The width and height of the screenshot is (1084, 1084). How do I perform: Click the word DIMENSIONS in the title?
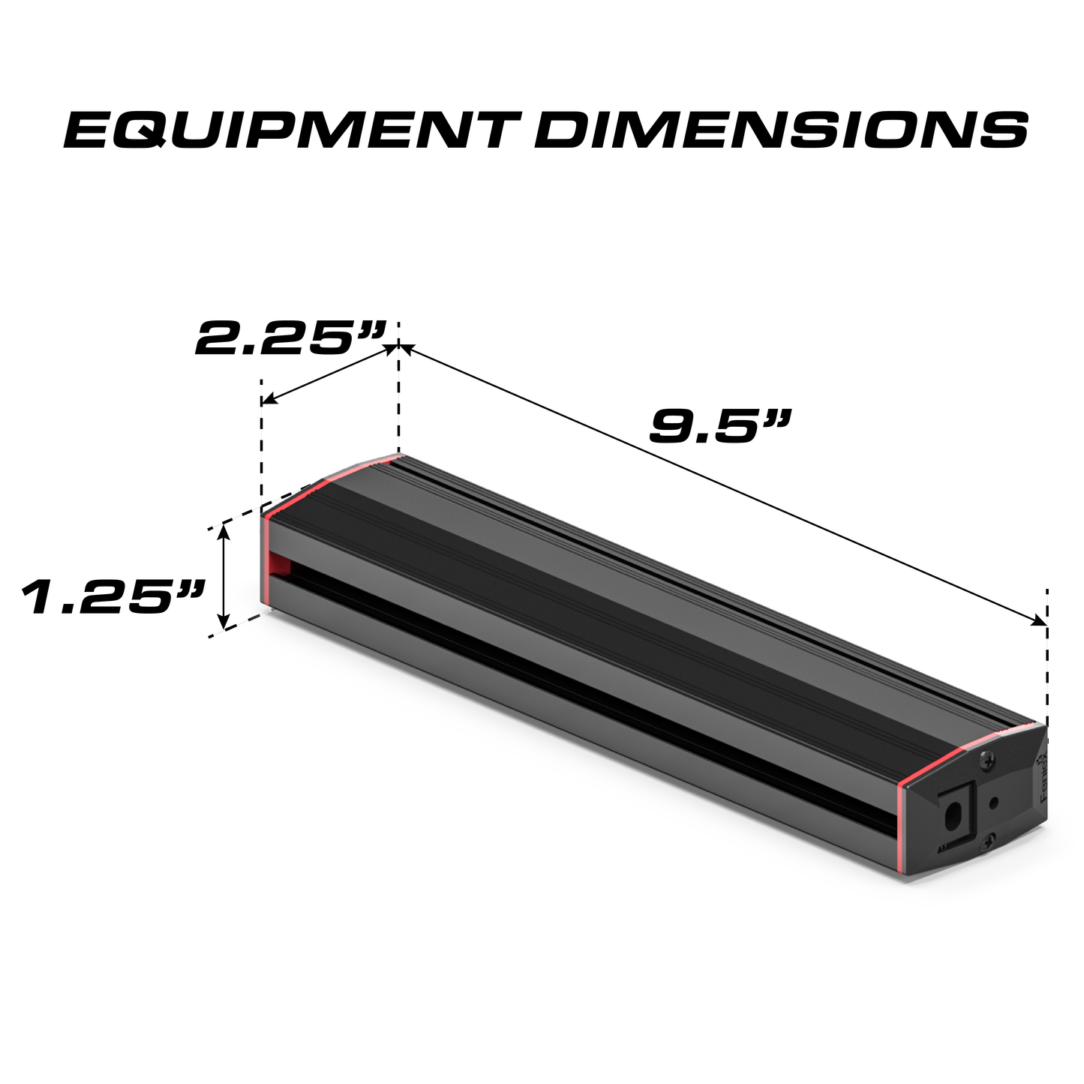781,131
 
